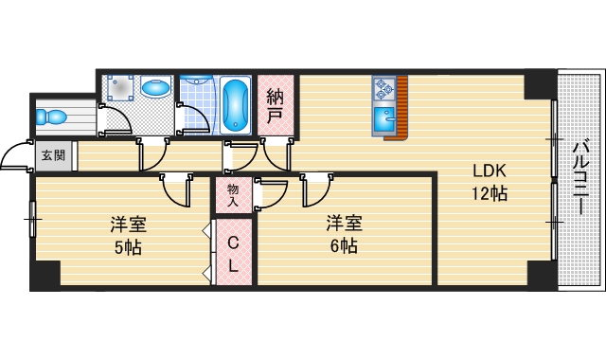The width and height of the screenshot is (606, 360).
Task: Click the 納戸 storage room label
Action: pyautogui.click(x=275, y=104)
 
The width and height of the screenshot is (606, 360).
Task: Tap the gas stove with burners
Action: pyautogui.click(x=383, y=89)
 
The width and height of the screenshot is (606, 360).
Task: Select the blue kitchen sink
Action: pyautogui.click(x=383, y=120)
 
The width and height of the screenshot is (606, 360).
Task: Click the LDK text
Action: pyautogui.click(x=490, y=171)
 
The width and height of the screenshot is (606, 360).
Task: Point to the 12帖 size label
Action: pyautogui.click(x=490, y=194)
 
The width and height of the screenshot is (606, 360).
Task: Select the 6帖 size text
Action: pyautogui.click(x=342, y=246)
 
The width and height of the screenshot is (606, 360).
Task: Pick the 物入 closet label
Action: pyautogui.click(x=232, y=195)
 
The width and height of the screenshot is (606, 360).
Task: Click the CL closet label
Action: pyautogui.click(x=232, y=253)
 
